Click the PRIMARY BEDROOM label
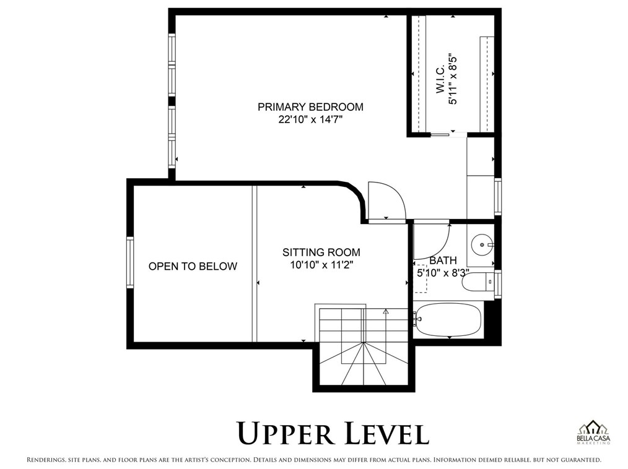310,107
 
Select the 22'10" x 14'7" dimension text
310,120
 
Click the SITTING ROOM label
321,252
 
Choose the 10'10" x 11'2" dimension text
321,265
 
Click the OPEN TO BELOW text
193,267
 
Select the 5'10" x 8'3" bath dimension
443,272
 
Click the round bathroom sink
481,245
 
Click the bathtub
449,320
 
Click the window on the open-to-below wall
130,262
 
